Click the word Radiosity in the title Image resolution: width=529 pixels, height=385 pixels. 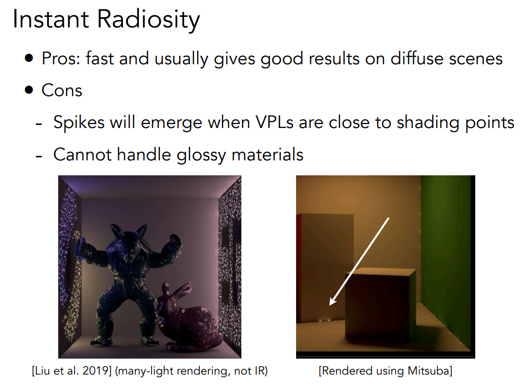click(148, 19)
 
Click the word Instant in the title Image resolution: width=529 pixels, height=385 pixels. click(51, 19)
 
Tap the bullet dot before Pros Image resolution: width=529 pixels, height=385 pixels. click(29, 58)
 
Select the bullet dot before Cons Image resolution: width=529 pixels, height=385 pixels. click(29, 90)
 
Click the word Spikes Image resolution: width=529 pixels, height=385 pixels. click(79, 123)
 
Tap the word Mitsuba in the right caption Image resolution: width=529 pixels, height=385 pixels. click(428, 371)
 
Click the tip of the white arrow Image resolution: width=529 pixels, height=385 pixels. click(329, 305)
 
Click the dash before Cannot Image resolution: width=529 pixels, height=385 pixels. click(39, 156)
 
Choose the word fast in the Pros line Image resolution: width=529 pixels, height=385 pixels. click(100, 58)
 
